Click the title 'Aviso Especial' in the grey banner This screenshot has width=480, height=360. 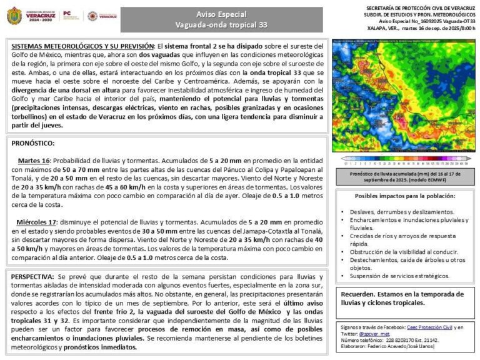click(221, 14)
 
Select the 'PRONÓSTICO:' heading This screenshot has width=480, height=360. click(33, 143)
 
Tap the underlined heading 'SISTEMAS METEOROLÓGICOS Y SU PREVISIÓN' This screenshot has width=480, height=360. click(82, 46)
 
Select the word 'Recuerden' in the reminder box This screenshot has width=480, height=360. click(357, 294)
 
